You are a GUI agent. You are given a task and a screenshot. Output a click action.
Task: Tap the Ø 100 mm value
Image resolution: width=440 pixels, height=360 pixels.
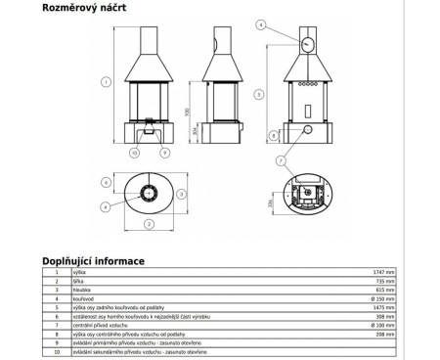coord(382,326)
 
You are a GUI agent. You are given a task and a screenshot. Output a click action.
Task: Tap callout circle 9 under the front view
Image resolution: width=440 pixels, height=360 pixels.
coord(165,153)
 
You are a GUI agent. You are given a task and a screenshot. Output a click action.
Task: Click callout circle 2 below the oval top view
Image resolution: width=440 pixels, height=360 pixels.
coord(150,224)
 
